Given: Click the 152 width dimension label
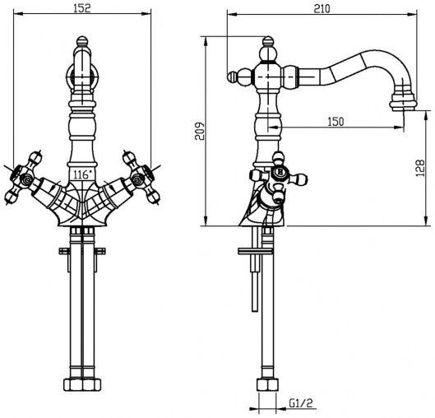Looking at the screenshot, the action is click(82, 8).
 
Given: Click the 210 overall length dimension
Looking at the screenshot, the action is click(322, 8).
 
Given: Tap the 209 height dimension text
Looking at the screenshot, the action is click(200, 131).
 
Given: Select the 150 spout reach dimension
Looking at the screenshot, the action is click(336, 122).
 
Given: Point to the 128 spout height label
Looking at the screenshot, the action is click(420, 168).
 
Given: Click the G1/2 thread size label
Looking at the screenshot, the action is click(301, 403).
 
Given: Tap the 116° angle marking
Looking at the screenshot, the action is click(82, 175).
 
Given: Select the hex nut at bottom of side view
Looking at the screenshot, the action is click(267, 384).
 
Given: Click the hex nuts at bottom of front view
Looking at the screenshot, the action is click(82, 384).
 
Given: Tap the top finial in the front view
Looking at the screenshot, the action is click(82, 41).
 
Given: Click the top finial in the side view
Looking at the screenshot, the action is click(268, 41).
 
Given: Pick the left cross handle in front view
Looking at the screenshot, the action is click(23, 178).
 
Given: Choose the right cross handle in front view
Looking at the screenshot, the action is click(141, 178).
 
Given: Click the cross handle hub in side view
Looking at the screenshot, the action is click(280, 172).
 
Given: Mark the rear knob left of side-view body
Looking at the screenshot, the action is click(233, 77).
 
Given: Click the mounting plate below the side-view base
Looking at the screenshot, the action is click(256, 251).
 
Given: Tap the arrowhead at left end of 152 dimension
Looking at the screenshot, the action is click(18, 13).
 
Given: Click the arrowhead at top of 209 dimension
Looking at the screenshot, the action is click(206, 41).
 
